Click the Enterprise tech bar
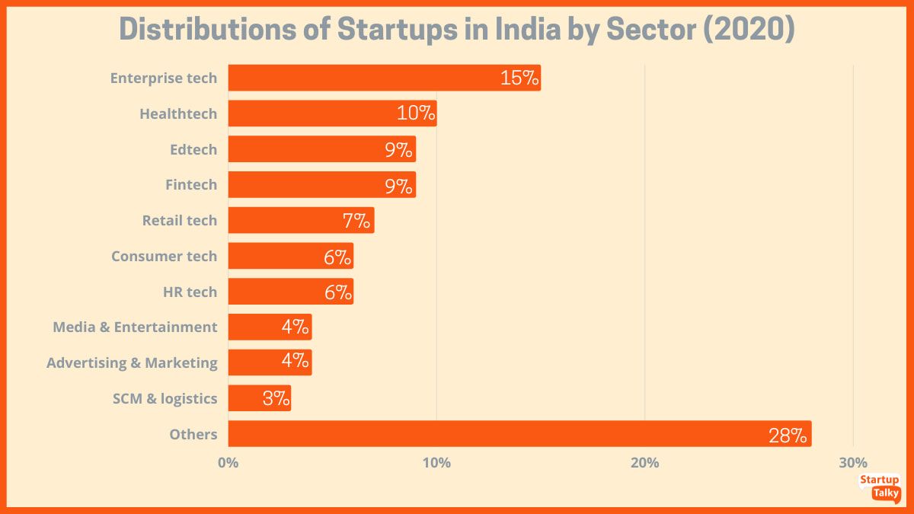pos(384,78)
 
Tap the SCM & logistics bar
pos(259,398)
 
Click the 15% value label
pos(519,78)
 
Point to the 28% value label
pos(787,436)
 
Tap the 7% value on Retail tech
pos(356,221)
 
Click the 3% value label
pos(275,398)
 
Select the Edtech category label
pos(193,149)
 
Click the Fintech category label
pos(191,184)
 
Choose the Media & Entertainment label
pos(135,327)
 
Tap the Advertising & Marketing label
pos(132,362)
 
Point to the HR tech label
pos(190,292)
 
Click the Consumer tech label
pos(164,256)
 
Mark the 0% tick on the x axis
pos(228,462)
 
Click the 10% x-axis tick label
pos(436,462)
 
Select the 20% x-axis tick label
pos(644,462)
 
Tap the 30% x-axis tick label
pos(853,462)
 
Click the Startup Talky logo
pos(879,487)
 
